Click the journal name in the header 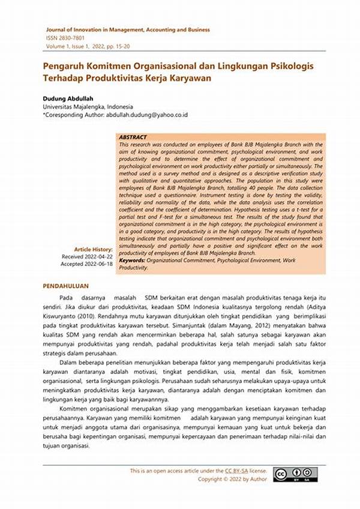pyautogui.click(x=128, y=29)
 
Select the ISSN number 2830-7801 pyautogui.click(x=71, y=37)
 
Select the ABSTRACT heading pyautogui.click(x=134, y=137)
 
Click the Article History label pyautogui.click(x=92, y=249)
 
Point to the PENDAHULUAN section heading pyautogui.click(x=66, y=286)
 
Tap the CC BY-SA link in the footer pyautogui.click(x=236, y=471)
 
